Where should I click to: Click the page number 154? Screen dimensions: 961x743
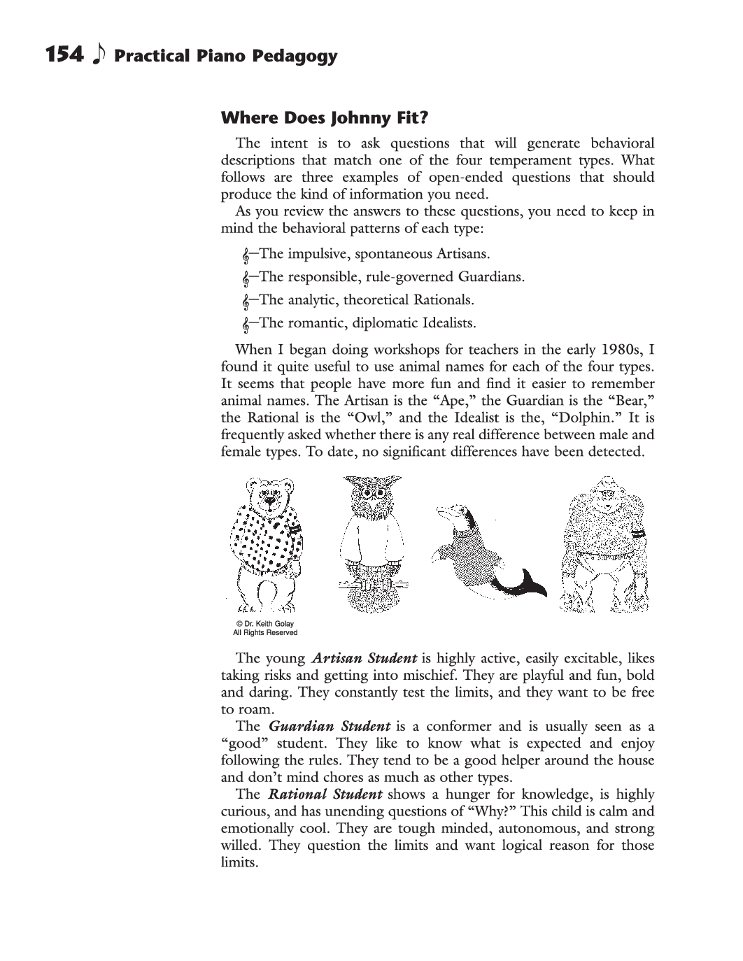point(64,55)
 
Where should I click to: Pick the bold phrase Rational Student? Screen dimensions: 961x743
point(325,794)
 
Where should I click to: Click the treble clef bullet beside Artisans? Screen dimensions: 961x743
point(246,255)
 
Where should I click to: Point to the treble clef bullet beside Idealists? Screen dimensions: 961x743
point(246,324)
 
